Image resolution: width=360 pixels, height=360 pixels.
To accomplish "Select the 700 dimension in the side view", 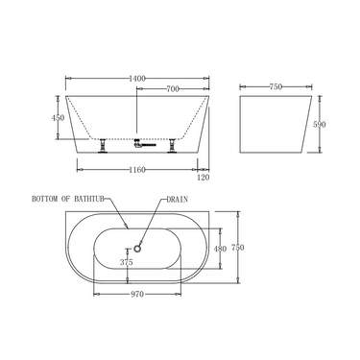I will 174,89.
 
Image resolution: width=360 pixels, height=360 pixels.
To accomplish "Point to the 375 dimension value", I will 126,261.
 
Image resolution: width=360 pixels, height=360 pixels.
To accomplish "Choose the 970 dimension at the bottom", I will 136,296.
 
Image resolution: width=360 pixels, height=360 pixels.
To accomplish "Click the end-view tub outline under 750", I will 275,123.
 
